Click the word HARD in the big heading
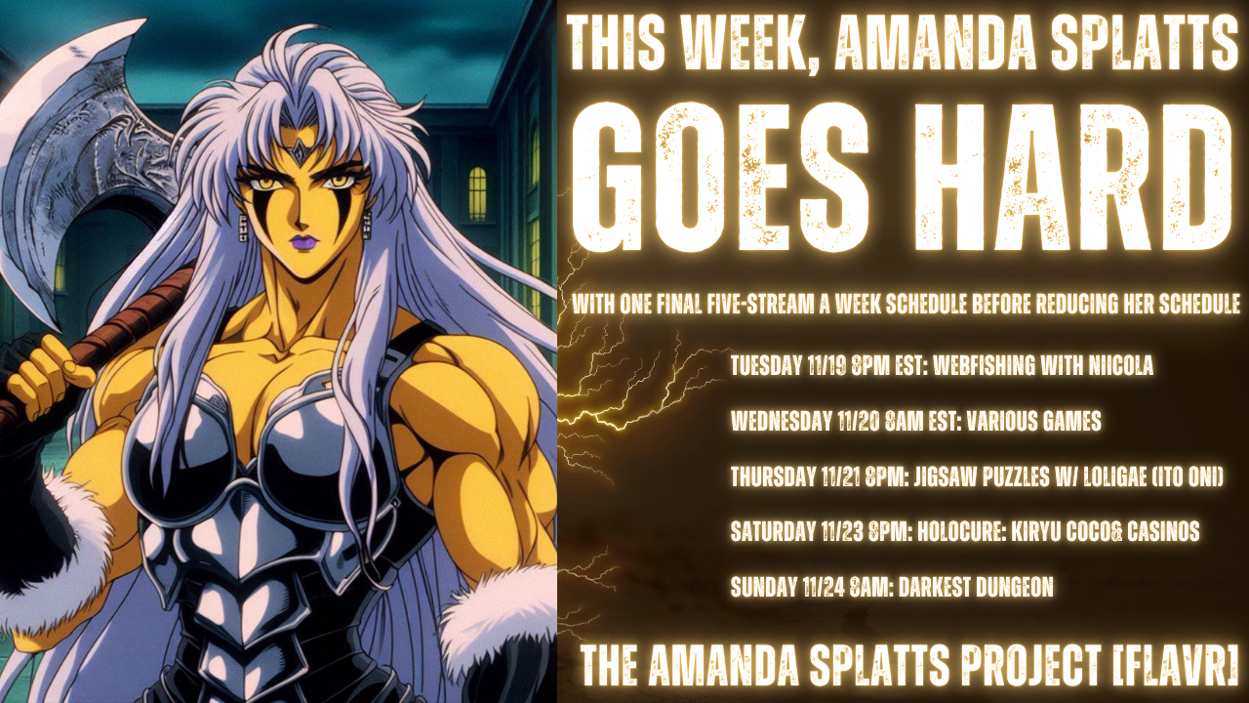1072,179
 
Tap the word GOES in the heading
720,179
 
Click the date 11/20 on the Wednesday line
859,421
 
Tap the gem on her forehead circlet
300,150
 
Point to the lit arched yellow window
477,193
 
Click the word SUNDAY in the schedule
763,587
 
